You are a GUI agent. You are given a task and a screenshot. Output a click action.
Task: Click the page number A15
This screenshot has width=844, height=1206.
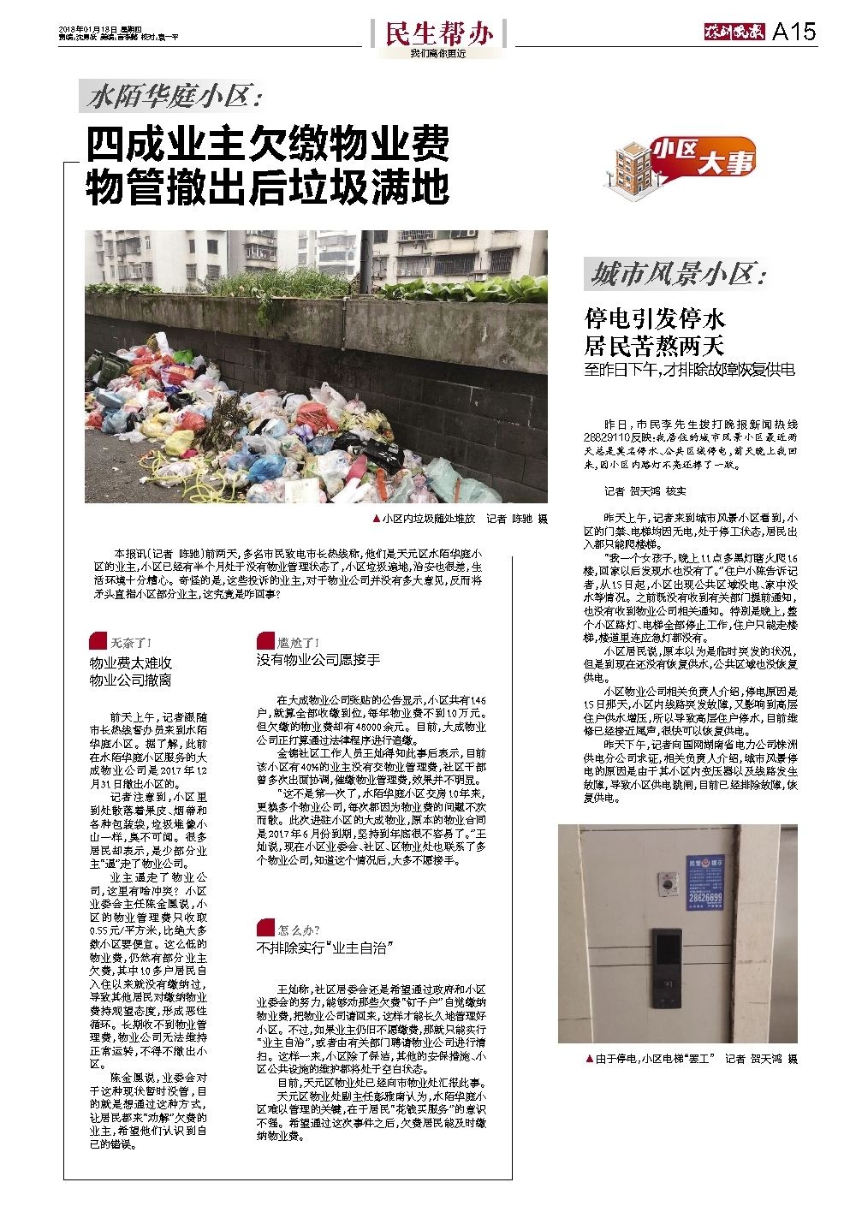point(793,33)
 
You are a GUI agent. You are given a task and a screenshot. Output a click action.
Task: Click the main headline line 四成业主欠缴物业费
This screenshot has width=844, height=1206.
point(267,145)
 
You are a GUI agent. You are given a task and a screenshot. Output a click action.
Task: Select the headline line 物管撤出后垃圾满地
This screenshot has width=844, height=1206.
point(267,187)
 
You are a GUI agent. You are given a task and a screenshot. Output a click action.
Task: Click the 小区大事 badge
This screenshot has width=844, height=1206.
point(704,157)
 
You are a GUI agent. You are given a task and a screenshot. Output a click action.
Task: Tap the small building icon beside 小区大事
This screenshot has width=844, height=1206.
point(633,163)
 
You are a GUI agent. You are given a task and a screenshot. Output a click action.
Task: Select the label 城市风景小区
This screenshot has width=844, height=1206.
point(676,276)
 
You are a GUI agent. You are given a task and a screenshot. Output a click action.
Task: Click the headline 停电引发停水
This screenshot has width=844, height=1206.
point(655,319)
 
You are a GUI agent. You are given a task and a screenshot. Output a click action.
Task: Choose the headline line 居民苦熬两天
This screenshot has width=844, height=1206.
point(655,346)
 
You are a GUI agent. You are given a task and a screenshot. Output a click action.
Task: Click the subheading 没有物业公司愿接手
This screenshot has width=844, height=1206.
point(318,660)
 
